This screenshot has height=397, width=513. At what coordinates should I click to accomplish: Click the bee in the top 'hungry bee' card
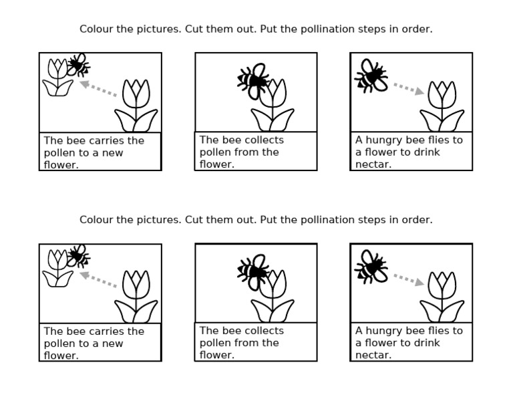click(x=371, y=75)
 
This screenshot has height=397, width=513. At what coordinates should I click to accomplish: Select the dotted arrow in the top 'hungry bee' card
click(x=407, y=88)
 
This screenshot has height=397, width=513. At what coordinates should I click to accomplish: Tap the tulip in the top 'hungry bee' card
click(x=442, y=107)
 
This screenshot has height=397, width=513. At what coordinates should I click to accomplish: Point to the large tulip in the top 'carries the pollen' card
click(x=137, y=107)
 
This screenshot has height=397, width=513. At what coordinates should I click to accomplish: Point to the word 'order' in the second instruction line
click(x=416, y=220)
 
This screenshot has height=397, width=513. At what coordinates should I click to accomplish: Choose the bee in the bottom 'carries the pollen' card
click(x=78, y=255)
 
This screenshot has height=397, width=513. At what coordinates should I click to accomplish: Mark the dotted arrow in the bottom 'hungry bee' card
click(x=407, y=279)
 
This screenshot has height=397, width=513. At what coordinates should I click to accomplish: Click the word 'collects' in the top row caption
click(x=263, y=140)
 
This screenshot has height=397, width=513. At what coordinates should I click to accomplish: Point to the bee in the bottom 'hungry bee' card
click(x=371, y=265)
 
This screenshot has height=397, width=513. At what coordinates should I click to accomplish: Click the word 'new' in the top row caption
click(x=112, y=153)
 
